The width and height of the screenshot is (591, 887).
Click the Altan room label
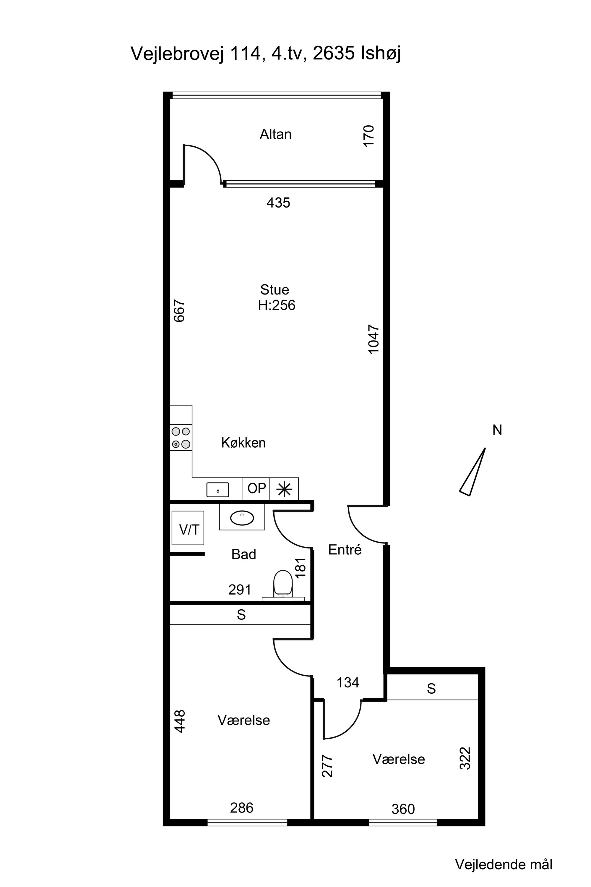[x=275, y=134]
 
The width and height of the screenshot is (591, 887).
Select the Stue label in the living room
[x=275, y=290]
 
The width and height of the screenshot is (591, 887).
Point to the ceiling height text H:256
[x=277, y=305]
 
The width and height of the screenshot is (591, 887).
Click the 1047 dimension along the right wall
[x=373, y=339]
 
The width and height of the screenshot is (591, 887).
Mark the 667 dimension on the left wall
[x=179, y=311]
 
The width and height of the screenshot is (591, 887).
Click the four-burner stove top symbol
[x=181, y=438]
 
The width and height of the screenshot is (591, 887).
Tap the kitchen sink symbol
[x=217, y=490]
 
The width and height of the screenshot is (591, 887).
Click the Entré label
[x=345, y=550]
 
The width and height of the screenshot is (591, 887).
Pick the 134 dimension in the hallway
[x=348, y=683]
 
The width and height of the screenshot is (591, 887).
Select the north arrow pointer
[x=472, y=472]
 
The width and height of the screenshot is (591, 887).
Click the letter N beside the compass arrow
[x=497, y=430]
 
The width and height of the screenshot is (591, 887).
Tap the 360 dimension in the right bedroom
[x=403, y=809]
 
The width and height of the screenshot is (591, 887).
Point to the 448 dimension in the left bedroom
[x=180, y=721]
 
